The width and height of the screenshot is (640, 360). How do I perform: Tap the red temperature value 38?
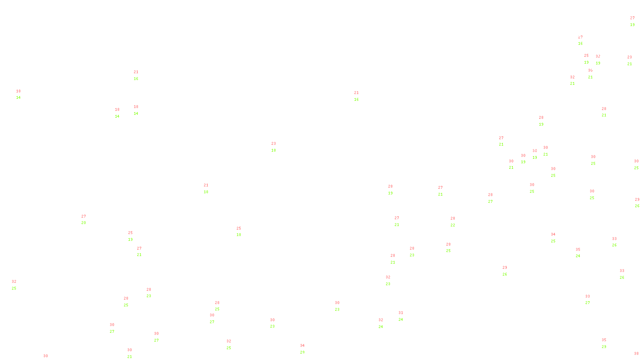point(636,354)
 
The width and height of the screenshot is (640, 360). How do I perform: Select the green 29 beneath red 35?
point(604,347)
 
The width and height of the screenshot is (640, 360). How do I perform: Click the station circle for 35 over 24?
point(582,253)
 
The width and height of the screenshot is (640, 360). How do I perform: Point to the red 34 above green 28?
point(302,346)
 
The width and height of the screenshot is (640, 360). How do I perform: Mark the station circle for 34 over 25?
point(557,238)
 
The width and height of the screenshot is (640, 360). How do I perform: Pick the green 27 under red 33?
point(588,303)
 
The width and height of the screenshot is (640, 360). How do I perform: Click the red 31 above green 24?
point(401,313)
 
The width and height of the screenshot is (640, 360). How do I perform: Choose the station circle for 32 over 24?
point(384,323)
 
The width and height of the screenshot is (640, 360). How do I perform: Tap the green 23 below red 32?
point(388,284)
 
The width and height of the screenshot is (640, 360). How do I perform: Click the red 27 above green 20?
point(84,216)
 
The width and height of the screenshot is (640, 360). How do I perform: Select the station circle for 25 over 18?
point(242,232)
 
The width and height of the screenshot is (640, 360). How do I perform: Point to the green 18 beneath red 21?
point(206,192)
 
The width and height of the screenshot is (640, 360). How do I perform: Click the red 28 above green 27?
point(490,195)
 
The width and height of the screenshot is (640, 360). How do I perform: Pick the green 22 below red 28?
point(453,225)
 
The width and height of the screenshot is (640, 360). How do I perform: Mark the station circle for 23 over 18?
point(278,147)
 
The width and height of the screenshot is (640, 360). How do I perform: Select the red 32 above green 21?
point(572,77)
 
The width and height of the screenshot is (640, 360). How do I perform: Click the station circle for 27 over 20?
point(87,220)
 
